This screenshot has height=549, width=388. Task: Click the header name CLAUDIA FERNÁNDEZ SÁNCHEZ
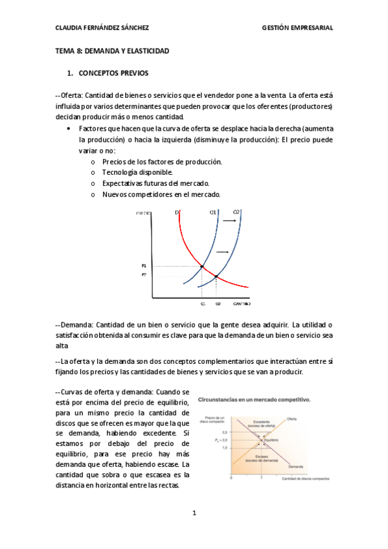102,28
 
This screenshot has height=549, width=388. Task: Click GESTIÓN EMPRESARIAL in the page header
297,28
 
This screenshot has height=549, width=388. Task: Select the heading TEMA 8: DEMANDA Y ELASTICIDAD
112,50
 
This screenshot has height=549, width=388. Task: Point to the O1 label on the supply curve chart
212,212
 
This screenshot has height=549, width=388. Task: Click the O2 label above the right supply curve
236,212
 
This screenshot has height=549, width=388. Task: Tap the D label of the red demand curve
177,212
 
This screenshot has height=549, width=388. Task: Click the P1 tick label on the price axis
144,266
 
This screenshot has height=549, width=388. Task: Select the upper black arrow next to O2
229,221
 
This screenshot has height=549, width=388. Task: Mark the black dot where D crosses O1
202,266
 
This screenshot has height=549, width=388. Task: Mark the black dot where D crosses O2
216,277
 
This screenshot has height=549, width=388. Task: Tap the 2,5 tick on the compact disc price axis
225,432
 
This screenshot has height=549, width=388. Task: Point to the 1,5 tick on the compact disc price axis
225,447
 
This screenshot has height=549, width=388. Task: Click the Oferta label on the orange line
292,418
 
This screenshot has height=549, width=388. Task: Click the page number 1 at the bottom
194,513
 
